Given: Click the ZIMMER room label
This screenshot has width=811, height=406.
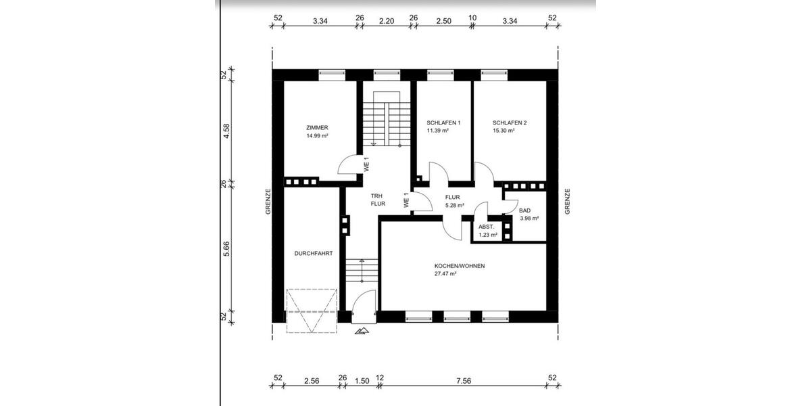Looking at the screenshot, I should [x=317, y=127].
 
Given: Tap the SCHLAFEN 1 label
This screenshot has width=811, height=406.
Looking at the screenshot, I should [x=443, y=122].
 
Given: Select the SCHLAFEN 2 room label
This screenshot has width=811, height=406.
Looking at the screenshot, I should [x=510, y=122].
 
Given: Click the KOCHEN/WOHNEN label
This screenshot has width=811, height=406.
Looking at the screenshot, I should [x=460, y=266].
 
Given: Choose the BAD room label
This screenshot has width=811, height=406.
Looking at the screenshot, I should [x=524, y=210].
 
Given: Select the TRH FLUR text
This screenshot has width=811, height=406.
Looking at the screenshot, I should [x=378, y=199].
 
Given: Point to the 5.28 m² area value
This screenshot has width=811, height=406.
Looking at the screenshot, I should [x=454, y=205].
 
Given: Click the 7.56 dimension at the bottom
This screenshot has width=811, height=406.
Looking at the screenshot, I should [x=463, y=381].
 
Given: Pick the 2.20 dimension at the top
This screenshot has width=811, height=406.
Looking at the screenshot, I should [x=386, y=21].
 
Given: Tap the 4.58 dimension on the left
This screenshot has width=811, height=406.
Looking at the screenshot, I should [x=227, y=130].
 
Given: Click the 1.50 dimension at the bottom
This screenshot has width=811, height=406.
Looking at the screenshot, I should [x=362, y=381].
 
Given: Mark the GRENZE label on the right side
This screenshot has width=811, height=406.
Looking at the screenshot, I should [x=568, y=201].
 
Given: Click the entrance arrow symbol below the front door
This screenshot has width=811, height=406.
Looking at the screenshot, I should [x=363, y=331].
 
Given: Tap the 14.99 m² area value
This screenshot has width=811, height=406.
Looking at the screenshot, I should [x=317, y=135].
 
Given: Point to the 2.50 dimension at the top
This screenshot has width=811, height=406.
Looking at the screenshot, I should [x=443, y=21].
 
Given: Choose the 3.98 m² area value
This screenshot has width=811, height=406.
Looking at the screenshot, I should [x=529, y=219].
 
